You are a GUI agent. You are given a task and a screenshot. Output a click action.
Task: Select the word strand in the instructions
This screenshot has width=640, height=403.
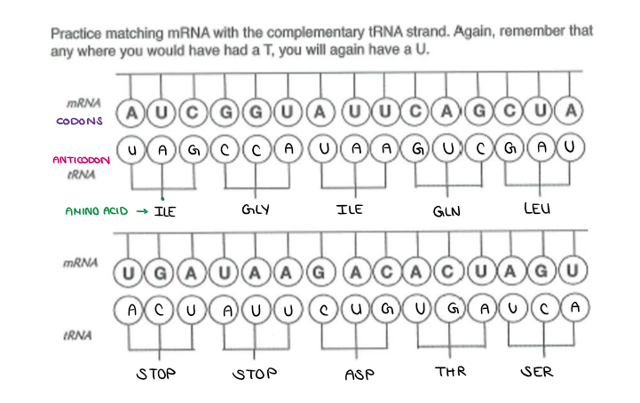tap(420, 33)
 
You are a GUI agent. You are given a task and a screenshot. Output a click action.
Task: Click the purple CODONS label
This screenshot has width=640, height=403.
tap(88, 121)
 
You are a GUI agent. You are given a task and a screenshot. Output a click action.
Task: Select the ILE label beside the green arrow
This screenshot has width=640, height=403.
tap(165, 211)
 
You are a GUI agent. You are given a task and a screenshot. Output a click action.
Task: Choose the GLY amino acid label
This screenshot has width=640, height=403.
tap(254, 209)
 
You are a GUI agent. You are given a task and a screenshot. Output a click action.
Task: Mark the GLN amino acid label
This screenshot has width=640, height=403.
tap(446, 212)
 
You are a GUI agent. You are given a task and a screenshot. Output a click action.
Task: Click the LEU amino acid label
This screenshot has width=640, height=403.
tap(538, 209)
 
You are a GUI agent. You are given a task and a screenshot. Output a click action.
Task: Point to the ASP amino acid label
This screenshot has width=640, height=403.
tap(360, 374)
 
